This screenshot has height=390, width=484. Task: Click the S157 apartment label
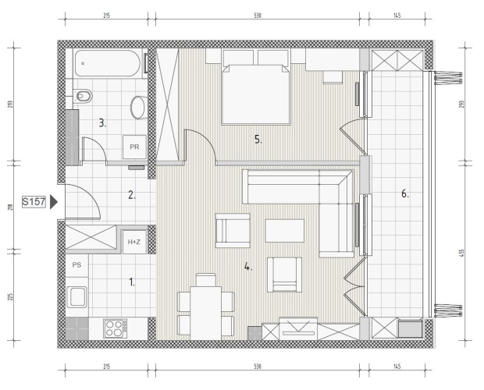[34, 202]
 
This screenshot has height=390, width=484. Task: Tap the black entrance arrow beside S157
[54, 202]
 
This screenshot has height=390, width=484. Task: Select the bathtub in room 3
[107, 63]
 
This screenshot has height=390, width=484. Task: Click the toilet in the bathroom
[83, 96]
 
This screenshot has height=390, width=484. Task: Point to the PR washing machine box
[134, 147]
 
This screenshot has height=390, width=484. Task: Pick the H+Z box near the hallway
[134, 242]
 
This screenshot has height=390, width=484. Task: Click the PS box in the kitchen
[77, 265]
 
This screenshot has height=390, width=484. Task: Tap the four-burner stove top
[115, 328]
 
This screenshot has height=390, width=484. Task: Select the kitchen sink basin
[77, 297]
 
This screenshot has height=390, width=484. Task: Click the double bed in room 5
[256, 94]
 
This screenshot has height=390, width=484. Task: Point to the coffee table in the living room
[285, 231]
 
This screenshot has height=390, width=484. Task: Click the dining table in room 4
[205, 313]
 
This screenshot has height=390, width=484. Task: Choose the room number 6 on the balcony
[405, 194]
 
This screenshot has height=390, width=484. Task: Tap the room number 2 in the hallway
[132, 195]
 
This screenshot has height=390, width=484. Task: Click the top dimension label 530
[258, 15]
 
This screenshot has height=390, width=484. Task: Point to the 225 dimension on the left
[10, 297]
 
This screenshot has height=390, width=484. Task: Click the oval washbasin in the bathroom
[138, 108]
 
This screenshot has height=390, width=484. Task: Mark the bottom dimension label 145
[397, 367]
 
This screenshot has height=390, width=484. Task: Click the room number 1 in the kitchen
[132, 282]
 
